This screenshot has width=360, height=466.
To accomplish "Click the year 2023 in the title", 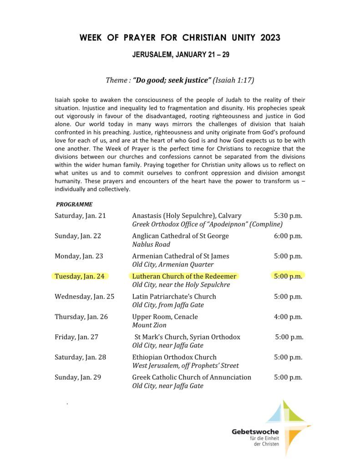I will (270, 38).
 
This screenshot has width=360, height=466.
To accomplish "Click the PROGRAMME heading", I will (74, 204).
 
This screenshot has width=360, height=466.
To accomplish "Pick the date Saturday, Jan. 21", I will (80, 216).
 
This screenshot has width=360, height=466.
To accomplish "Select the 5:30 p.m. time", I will (288, 216).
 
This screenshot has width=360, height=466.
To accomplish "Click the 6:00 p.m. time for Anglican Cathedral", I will (288, 236).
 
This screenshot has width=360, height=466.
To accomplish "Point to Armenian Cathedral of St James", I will (181, 256).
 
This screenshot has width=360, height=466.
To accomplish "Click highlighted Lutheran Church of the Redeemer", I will (184, 276).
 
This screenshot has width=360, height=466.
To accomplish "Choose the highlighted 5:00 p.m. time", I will (288, 276).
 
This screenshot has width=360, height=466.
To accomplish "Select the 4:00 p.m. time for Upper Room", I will (288, 317).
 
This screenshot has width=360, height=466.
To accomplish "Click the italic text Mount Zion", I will (149, 325).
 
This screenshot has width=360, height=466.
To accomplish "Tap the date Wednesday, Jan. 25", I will (84, 297).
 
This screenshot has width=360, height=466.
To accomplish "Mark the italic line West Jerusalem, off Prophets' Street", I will (185, 365).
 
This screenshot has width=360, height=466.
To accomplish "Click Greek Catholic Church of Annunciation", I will (192, 377).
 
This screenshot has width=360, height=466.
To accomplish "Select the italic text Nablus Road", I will (151, 244).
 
